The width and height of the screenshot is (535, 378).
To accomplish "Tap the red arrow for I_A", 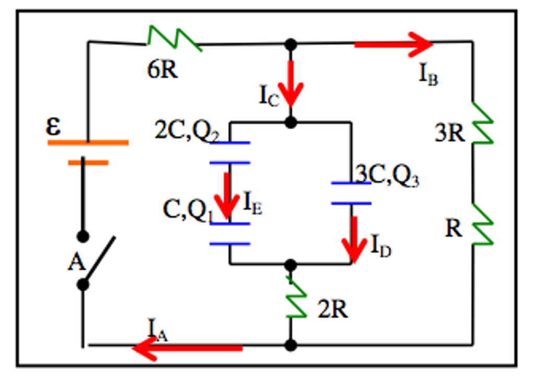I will (x=188, y=348).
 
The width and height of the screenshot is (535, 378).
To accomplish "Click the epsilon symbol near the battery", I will (x=53, y=127).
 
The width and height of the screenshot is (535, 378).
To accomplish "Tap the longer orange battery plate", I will (x=88, y=142).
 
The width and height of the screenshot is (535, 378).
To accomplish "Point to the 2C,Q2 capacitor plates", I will (x=230, y=152).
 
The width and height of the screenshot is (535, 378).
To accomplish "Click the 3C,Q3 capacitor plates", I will (x=351, y=193).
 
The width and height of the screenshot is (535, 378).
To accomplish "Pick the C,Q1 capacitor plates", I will (x=230, y=234).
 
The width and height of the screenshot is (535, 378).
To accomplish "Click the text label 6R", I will (x=162, y=70).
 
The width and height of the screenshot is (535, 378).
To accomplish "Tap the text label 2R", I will (x=332, y=310).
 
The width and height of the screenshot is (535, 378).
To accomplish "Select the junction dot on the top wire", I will (x=291, y=44).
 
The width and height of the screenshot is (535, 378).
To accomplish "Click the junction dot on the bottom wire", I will (x=291, y=346).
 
